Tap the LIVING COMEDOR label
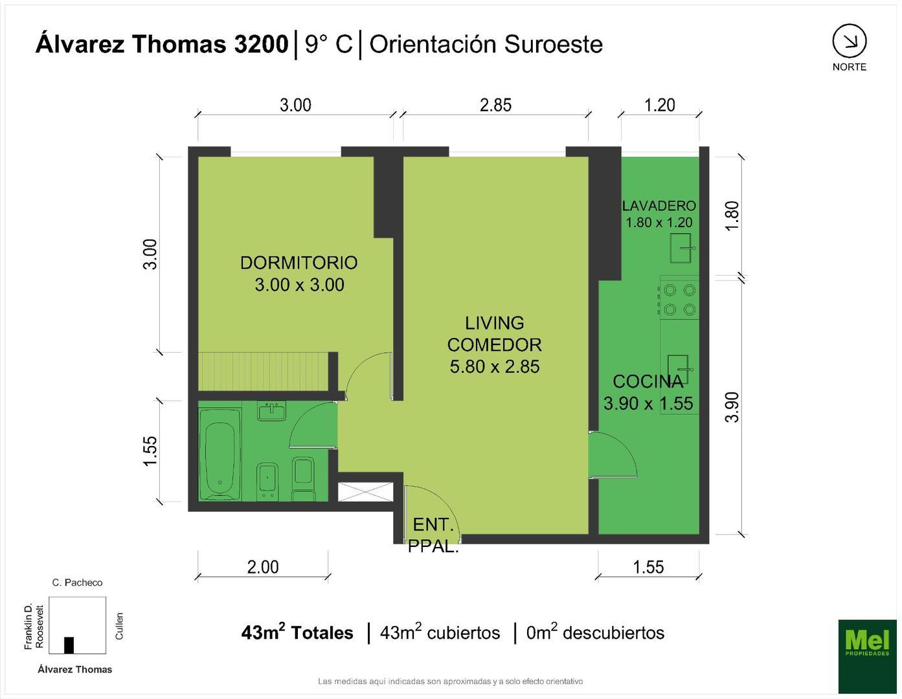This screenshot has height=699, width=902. point(494,344)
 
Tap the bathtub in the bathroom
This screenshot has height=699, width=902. point(220,452)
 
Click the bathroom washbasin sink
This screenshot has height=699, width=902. point(272,411)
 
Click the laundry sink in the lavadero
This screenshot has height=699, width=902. point(681,249)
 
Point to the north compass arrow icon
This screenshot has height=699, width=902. point(849,42)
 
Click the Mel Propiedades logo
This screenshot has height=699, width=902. point(867,654)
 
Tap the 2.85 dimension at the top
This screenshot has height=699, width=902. point(495,105)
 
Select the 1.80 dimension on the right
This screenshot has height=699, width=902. point(732,216)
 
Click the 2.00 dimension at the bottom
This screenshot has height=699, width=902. point(263,567)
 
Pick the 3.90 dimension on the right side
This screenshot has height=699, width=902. point(732,406)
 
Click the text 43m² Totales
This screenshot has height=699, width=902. point(297,632)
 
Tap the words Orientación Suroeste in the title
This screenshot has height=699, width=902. point(486,44)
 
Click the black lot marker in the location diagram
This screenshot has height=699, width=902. point(69,645)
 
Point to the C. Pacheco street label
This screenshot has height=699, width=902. point(77,582)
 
